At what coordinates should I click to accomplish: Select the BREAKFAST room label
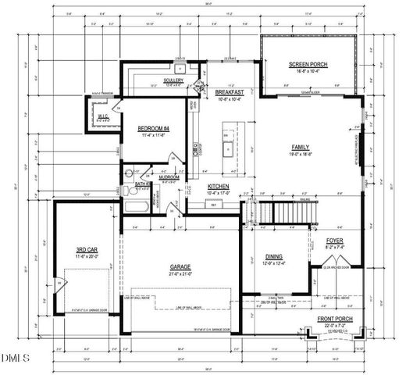230,92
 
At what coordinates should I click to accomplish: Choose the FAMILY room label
301,147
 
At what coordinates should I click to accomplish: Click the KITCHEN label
219,185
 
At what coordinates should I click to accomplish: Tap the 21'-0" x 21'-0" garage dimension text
180,273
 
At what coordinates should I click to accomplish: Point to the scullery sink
180,60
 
